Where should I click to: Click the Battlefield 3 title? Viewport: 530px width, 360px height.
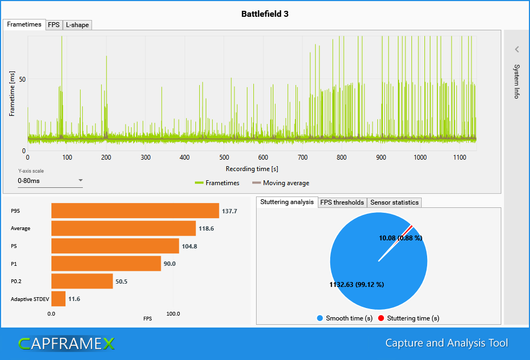click(265, 14)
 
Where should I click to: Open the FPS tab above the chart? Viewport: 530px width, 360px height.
click(54, 25)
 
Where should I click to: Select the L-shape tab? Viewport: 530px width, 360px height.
click(77, 25)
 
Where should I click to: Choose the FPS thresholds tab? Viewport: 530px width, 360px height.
click(342, 202)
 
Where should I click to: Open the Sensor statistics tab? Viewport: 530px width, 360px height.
click(394, 202)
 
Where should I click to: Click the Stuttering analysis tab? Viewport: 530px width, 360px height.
click(287, 202)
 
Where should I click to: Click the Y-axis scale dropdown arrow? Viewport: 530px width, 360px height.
click(80, 180)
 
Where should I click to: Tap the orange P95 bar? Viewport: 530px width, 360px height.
click(135, 211)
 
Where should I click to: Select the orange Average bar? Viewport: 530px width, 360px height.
click(123, 228)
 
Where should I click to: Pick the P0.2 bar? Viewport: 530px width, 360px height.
click(82, 282)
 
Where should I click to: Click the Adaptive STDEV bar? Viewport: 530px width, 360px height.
click(58, 299)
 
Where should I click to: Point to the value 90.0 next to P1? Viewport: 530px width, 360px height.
click(170, 264)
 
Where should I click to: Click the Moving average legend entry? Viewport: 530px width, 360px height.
click(281, 183)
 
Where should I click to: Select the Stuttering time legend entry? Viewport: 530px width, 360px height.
click(409, 318)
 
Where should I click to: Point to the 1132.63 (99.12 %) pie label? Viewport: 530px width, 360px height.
click(357, 285)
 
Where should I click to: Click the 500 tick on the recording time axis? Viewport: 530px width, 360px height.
click(224, 158)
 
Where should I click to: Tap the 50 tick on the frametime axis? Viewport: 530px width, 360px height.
click(23, 79)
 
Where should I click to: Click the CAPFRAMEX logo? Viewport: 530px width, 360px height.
click(66, 343)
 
